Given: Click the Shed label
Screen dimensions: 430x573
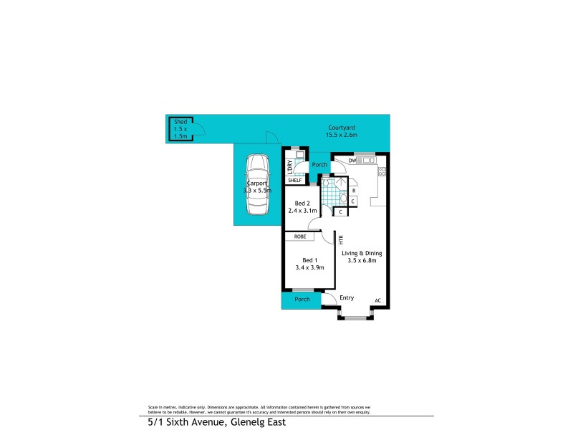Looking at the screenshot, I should point(180,123).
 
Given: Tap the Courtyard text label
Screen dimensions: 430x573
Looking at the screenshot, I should point(341,128).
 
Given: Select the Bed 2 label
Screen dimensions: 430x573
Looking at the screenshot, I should point(303,204).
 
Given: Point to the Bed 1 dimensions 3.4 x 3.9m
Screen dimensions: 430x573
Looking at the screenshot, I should point(309,267).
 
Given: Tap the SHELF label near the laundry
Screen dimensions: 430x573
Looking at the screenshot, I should point(295,180).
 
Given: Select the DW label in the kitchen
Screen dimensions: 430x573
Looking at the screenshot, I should point(352,160).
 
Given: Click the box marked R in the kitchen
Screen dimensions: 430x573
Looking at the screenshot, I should point(354,191).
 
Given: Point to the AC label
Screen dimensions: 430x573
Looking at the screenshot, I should point(377,300).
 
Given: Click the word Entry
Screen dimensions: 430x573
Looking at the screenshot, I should point(347,298).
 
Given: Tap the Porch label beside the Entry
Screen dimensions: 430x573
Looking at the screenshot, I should point(302,299).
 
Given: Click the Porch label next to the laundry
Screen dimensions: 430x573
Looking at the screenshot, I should point(319,165).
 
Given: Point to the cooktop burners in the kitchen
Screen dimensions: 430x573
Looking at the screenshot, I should point(382,171).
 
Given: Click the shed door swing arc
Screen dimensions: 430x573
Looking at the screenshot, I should point(201,130).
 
